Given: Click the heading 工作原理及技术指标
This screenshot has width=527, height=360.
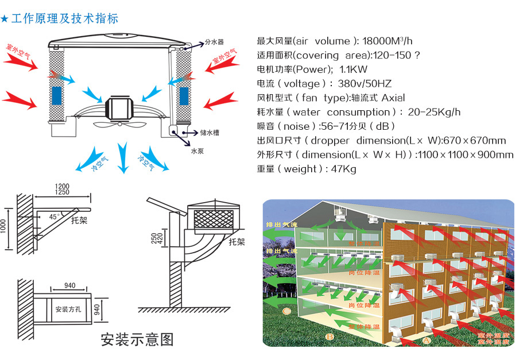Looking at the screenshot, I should (x=64, y=19).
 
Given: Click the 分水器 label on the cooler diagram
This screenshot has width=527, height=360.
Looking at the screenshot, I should (x=214, y=42).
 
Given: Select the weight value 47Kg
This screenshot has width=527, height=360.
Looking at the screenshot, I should (x=344, y=169).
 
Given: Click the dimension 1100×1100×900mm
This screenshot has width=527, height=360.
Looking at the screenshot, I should (x=465, y=154).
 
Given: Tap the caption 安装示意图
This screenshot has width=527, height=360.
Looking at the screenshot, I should (x=137, y=339).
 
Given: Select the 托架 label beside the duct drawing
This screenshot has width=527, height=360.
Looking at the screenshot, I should (x=237, y=241).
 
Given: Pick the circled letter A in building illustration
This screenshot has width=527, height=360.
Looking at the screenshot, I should (x=425, y=340).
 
